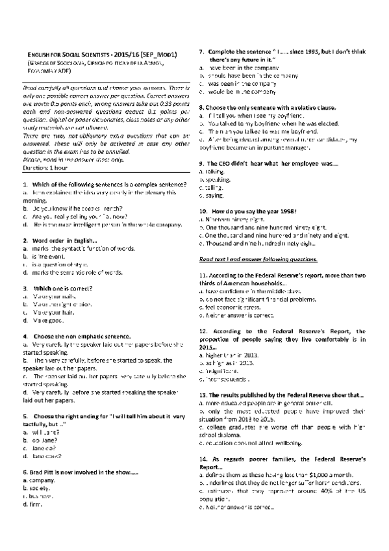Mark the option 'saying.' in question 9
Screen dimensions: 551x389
212,195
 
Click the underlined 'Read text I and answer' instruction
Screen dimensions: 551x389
258,259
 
